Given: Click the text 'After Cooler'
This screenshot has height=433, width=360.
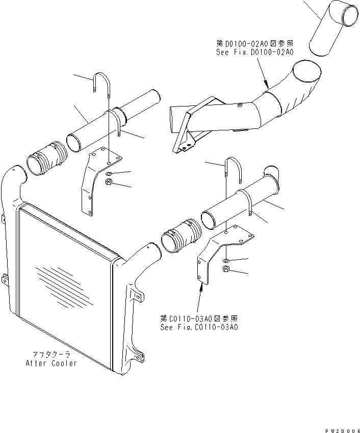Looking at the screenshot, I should pyautogui.click(x=52, y=363).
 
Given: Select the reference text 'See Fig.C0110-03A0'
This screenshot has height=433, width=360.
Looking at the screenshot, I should pyautogui.click(x=198, y=327).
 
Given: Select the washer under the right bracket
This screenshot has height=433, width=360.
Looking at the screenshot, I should pyautogui.click(x=226, y=259).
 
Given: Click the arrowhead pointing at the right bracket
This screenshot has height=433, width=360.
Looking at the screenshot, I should pyautogui.click(x=201, y=286).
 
